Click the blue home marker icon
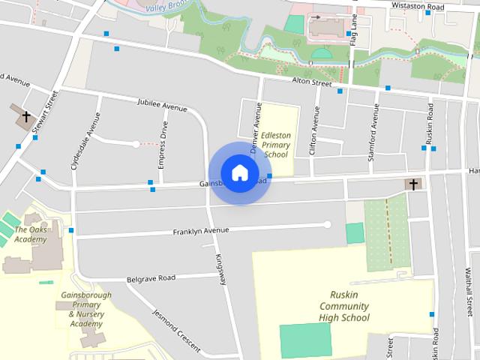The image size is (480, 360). pyautogui.click(x=239, y=172)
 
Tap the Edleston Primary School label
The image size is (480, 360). pyautogui.click(x=275, y=145)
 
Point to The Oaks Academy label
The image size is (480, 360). pyautogui.click(x=31, y=235)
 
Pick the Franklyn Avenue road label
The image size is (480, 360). pyautogui.click(x=200, y=230)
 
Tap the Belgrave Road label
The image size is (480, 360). pyautogui.click(x=151, y=277)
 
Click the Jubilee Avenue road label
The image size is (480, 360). pyautogui.click(x=163, y=106)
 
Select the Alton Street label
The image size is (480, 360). pyautogui.click(x=311, y=83)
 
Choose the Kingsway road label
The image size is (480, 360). pyautogui.click(x=221, y=268)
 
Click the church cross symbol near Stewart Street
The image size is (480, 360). pyautogui.click(x=26, y=116)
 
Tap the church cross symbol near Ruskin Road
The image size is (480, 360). pyautogui.click(x=412, y=184)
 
